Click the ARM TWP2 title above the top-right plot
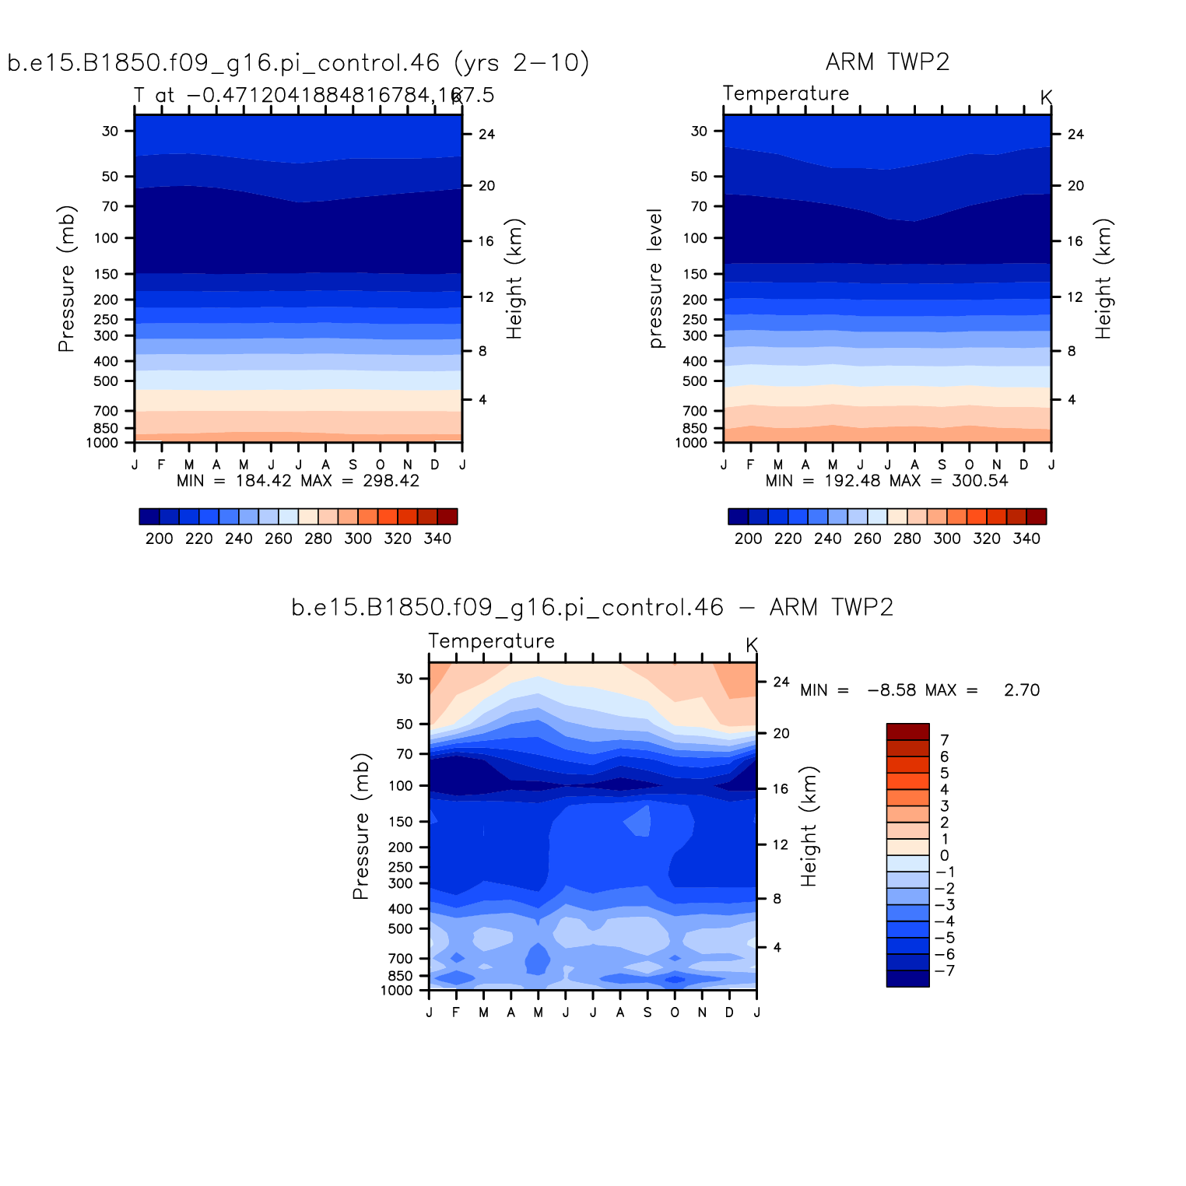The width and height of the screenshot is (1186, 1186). coord(887,62)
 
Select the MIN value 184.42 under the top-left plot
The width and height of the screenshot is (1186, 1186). coord(263,481)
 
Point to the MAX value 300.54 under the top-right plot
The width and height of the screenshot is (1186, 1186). coord(980,481)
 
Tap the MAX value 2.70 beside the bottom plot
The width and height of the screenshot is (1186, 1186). coord(1021,690)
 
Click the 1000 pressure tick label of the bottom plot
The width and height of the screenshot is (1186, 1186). coord(397,991)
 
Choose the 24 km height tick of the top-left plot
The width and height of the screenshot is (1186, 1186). coord(487,135)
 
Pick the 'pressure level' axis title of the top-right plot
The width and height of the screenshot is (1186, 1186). coord(655,279)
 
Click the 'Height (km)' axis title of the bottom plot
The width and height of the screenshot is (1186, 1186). coord(809,826)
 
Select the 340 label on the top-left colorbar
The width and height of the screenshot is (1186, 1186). coord(437,539)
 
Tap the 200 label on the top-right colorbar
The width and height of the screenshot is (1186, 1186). coord(748,539)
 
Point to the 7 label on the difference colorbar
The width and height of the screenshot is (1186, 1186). coord(945,740)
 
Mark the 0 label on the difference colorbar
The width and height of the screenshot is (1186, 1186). coord(944,855)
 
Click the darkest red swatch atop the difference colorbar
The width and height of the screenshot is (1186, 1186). coord(907,732)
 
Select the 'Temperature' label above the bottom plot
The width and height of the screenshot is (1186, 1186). coord(491,641)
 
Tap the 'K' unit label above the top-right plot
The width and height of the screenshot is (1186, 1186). coord(1046,98)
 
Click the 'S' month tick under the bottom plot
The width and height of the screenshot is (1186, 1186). coord(647,1012)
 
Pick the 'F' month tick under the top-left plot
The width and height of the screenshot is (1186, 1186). coord(161,465)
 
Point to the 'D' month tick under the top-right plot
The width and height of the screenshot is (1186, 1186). coord(1024,465)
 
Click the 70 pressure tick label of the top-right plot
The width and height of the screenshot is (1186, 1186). coord(699,206)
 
